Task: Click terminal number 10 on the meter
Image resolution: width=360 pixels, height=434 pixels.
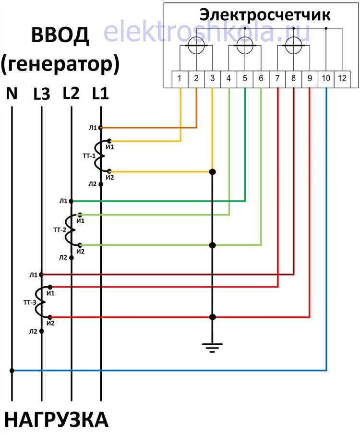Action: pyautogui.click(x=326, y=79)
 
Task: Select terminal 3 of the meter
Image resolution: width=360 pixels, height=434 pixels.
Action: pyautogui.click(x=212, y=79)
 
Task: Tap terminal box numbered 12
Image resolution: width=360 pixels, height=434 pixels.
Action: pyautogui.click(x=342, y=79)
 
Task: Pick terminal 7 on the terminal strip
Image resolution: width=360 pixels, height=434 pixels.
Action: pyautogui.click(x=277, y=79)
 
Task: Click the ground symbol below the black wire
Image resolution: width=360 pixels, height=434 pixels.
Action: pyautogui.click(x=212, y=348)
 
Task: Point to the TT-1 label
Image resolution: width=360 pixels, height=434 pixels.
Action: pyautogui.click(x=89, y=156)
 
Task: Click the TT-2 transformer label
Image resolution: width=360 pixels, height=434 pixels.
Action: pyautogui.click(x=60, y=230)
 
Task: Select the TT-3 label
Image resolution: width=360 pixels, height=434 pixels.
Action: pyautogui.click(x=30, y=302)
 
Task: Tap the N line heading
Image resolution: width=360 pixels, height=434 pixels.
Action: pyautogui.click(x=12, y=93)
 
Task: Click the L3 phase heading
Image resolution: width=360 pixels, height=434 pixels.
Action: pyautogui.click(x=42, y=94)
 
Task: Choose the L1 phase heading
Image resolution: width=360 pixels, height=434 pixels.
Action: pyautogui.click(x=100, y=93)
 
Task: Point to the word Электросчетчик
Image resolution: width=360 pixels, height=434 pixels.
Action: pyautogui.click(x=265, y=15)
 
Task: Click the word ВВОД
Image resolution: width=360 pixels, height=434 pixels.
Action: pyautogui.click(x=60, y=35)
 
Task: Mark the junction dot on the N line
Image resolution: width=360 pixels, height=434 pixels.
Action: pyautogui.click(x=12, y=370)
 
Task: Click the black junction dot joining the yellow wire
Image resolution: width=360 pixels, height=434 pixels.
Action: pyautogui.click(x=212, y=172)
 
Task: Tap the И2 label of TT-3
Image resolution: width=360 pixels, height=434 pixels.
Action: pyautogui.click(x=50, y=323)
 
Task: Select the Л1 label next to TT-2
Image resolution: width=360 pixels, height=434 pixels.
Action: pyautogui.click(x=63, y=201)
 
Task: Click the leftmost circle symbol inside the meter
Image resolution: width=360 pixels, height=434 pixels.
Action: pyautogui.click(x=196, y=46)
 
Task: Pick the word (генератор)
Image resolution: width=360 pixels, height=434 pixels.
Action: pyautogui.click(x=60, y=65)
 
